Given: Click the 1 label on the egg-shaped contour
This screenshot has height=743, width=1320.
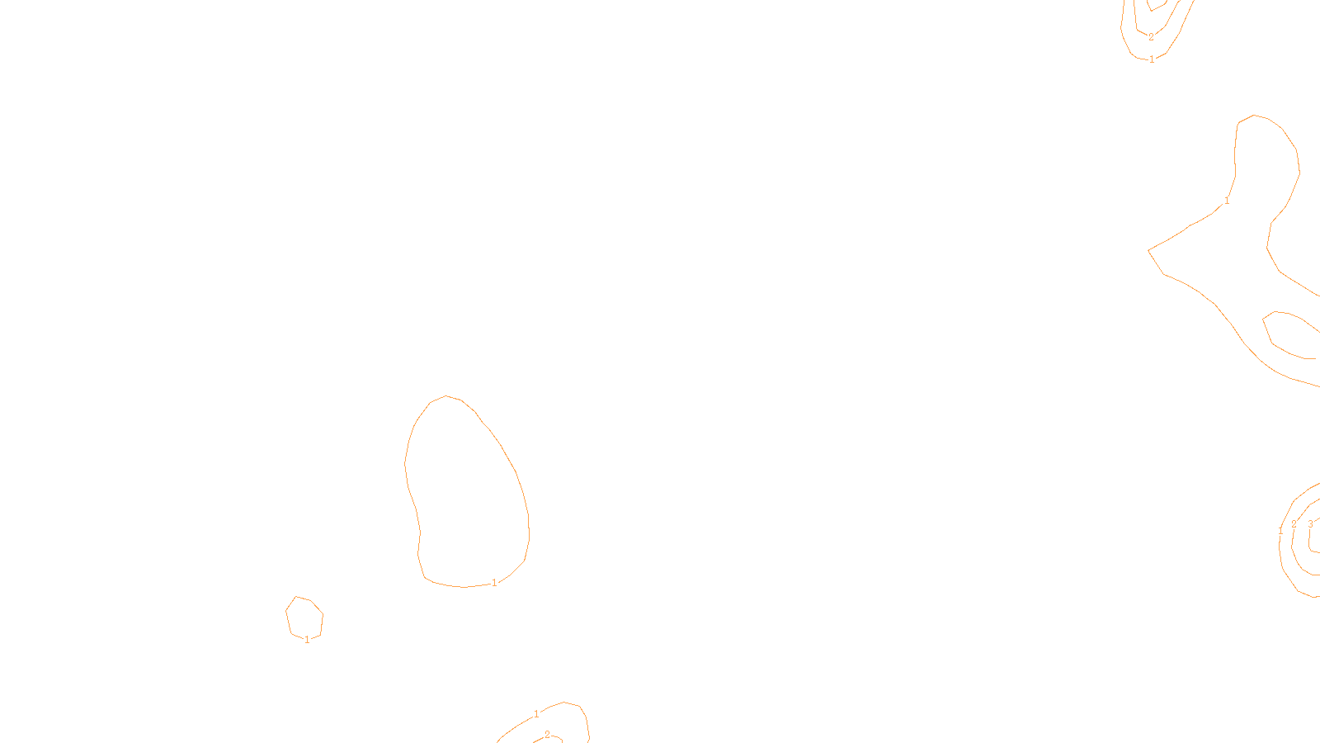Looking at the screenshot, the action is (x=494, y=583).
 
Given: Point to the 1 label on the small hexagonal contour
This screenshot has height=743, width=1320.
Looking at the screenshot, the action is (x=307, y=640).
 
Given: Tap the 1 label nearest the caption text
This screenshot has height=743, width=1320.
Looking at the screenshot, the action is (x=536, y=714).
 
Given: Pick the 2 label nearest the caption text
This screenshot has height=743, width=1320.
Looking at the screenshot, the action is (x=547, y=735).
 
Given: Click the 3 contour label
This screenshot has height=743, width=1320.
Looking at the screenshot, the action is (x=1310, y=524).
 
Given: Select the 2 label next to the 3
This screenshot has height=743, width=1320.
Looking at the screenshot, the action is (x=1294, y=524).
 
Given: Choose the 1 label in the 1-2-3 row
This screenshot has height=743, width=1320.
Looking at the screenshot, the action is (x=1280, y=531).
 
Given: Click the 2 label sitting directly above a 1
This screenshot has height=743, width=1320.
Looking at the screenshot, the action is (x=1151, y=37).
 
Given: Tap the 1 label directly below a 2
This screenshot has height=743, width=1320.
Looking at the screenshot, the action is (x=1152, y=59).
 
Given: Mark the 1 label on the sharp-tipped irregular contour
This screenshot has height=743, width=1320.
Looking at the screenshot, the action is (x=1227, y=201).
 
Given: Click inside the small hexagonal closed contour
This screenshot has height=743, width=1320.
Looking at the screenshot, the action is (x=304, y=617).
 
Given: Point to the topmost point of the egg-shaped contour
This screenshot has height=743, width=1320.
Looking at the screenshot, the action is (x=446, y=396).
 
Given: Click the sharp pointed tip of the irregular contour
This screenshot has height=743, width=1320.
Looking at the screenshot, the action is (x=1149, y=249).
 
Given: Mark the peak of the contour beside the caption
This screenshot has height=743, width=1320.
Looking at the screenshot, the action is (x=564, y=703).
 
